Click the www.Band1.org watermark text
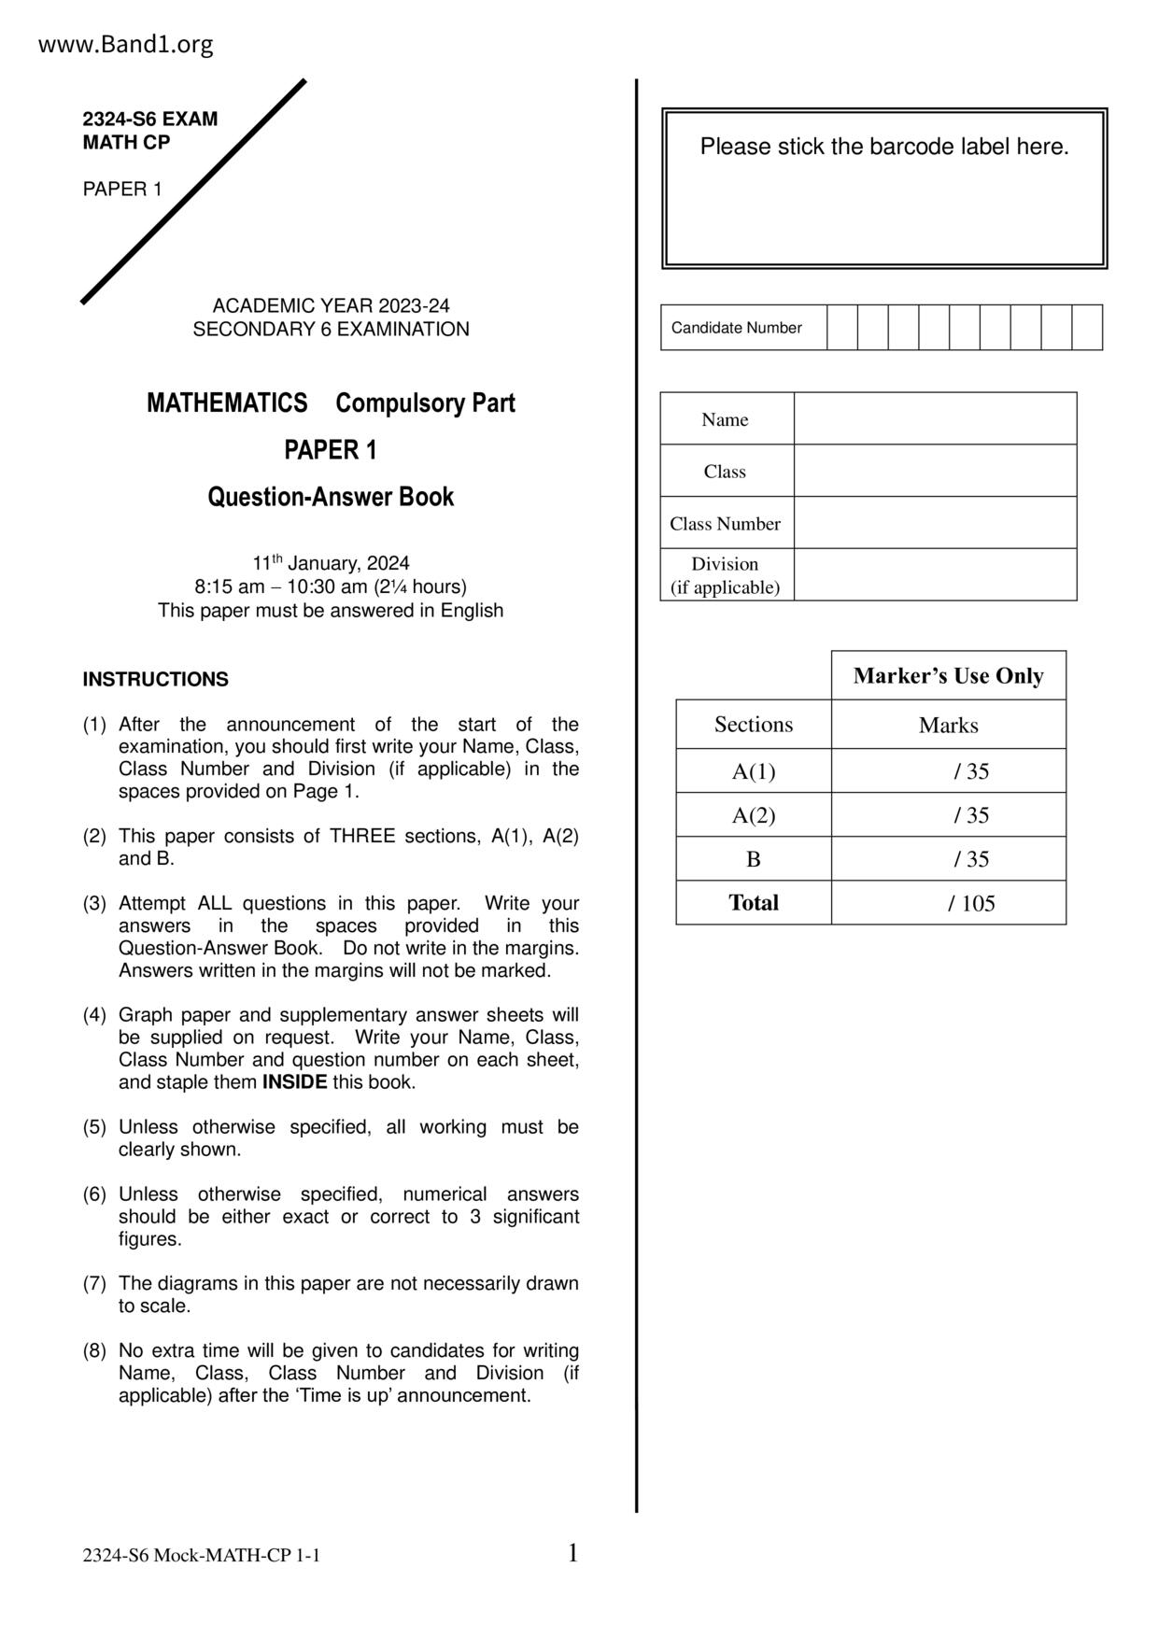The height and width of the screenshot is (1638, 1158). tap(125, 44)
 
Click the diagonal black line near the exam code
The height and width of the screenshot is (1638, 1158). tap(194, 191)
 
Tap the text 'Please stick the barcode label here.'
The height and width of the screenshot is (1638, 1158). tap(884, 147)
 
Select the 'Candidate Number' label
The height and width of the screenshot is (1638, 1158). tap(736, 328)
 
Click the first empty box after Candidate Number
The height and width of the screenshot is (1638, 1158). tap(841, 328)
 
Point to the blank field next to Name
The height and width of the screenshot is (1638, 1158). tap(935, 419)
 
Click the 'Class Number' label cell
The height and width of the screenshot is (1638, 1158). tap(725, 524)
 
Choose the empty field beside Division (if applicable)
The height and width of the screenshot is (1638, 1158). tap(935, 575)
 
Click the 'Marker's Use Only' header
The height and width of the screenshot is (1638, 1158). tap(948, 676)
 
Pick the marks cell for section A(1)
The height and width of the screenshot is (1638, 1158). tap(948, 771)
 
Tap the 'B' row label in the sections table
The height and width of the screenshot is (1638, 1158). tap(754, 859)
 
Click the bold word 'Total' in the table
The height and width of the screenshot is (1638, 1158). tap(754, 903)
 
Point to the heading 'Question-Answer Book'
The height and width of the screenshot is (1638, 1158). tap(331, 497)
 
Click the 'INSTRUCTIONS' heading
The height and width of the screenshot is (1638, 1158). tap(155, 680)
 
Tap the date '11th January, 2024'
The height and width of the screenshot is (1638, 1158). tap(331, 563)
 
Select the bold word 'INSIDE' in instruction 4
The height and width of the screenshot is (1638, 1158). tap(294, 1082)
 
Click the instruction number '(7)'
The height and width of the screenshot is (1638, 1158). tap(95, 1284)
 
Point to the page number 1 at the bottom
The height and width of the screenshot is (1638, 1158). tap(573, 1553)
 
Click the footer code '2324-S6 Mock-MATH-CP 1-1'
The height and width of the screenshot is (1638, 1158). tap(201, 1556)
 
